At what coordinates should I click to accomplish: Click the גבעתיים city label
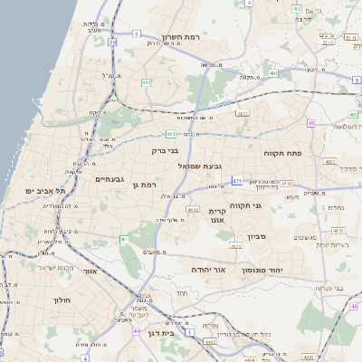click(x=115, y=179)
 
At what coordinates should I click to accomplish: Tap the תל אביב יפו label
click(x=47, y=191)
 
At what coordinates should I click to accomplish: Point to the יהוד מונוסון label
click(x=263, y=270)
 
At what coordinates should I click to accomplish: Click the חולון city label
click(x=62, y=300)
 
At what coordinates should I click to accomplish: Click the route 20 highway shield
click(x=111, y=42)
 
